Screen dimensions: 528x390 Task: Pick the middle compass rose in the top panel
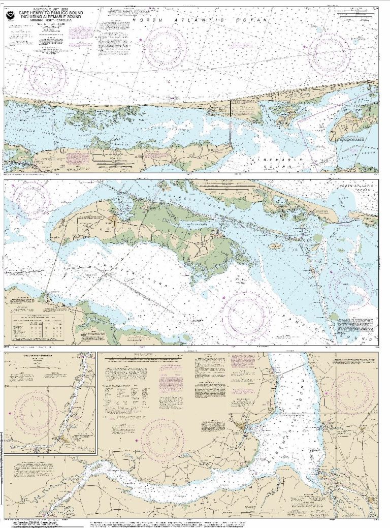(165, 47)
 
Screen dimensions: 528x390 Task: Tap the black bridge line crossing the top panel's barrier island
(230, 110)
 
